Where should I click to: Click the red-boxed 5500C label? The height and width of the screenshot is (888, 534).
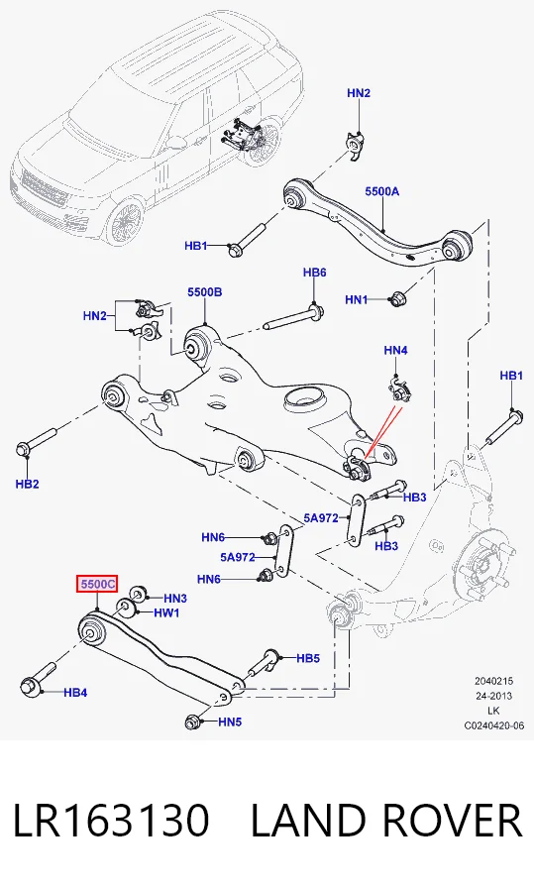coord(97,584)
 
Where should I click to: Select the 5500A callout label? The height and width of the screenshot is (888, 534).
coord(382,191)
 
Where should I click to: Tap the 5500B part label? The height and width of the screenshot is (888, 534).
coord(205,292)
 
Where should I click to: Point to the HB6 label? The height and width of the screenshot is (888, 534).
coord(314,273)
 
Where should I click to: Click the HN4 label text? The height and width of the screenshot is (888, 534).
coord(395,351)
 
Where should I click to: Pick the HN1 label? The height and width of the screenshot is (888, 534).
coord(357,299)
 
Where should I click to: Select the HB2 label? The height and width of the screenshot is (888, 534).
coord(27,484)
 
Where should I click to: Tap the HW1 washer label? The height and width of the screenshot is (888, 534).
coord(166,612)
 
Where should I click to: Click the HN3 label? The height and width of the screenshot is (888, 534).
coord(175,598)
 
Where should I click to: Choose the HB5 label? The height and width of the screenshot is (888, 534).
coord(308,658)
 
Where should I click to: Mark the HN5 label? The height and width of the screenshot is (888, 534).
coord(230,722)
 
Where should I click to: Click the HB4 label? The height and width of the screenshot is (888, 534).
coord(75,692)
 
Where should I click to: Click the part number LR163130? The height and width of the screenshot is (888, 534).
coord(112,820)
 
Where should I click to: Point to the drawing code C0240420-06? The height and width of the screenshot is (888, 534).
coord(494,724)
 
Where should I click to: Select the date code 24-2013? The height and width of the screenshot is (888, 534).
coord(493,696)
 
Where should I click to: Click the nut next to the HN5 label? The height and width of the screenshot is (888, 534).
coord(192,722)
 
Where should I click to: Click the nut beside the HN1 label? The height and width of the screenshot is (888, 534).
coord(397,298)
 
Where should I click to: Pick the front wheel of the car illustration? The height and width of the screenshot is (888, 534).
coord(127,223)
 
